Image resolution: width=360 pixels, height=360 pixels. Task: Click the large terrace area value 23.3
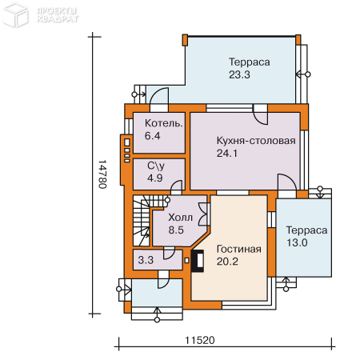click(239, 74)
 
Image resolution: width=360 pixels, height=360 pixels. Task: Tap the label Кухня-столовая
click(256, 141)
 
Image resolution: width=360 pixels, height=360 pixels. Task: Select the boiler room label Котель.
click(164, 123)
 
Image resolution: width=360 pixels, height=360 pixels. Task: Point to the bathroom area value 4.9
click(155, 178)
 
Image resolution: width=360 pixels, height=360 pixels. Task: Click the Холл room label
click(180, 218)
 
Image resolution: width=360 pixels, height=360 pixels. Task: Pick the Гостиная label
click(239, 249)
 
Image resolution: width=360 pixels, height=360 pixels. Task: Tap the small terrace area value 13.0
click(297, 242)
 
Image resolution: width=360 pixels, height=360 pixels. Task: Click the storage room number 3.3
click(146, 260)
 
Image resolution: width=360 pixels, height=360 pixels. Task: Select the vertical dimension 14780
click(102, 174)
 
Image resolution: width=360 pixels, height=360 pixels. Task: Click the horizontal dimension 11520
click(200, 340)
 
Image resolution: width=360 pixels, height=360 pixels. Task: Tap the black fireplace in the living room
click(198, 261)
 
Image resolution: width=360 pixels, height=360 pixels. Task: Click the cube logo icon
click(15, 14)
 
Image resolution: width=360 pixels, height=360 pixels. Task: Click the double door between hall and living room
click(203, 214)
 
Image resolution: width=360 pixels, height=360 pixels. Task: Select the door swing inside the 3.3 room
click(169, 253)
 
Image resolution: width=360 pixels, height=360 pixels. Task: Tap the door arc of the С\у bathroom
click(176, 186)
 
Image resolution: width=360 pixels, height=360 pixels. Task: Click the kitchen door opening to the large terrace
click(260, 114)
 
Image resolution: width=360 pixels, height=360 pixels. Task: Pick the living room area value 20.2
click(227, 262)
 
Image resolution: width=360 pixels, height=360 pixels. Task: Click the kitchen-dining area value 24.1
click(227, 154)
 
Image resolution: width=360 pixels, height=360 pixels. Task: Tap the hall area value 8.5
click(176, 230)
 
